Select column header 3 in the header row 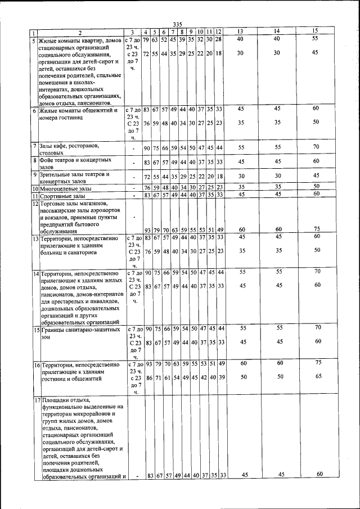point(132,31)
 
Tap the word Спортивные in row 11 point(57,195)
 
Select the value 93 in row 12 point(148,230)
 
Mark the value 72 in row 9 point(148,177)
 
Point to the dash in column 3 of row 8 point(133,163)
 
